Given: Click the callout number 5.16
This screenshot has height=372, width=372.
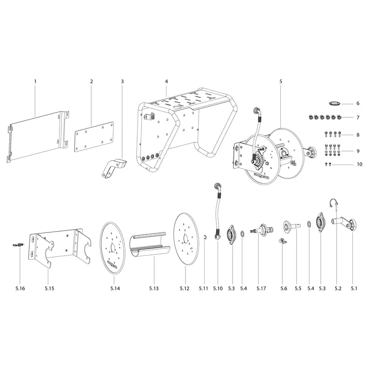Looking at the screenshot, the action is pyautogui.click(x=20, y=288).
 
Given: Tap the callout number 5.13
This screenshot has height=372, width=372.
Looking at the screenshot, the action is pyautogui.click(x=154, y=288).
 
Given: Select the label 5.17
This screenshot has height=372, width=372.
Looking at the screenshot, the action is pyautogui.click(x=261, y=288).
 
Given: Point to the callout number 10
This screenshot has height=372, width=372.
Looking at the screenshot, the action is pyautogui.click(x=359, y=164).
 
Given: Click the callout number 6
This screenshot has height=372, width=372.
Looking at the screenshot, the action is pyautogui.click(x=358, y=103).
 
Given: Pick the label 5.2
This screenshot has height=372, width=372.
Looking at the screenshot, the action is pyautogui.click(x=338, y=288).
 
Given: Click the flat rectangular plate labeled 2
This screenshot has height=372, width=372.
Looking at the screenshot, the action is pyautogui.click(x=94, y=137).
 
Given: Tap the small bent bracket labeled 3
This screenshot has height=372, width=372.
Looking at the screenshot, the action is pyautogui.click(x=113, y=168).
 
